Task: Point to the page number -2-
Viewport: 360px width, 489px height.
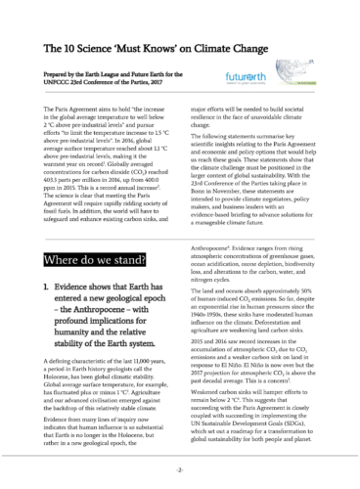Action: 180,469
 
